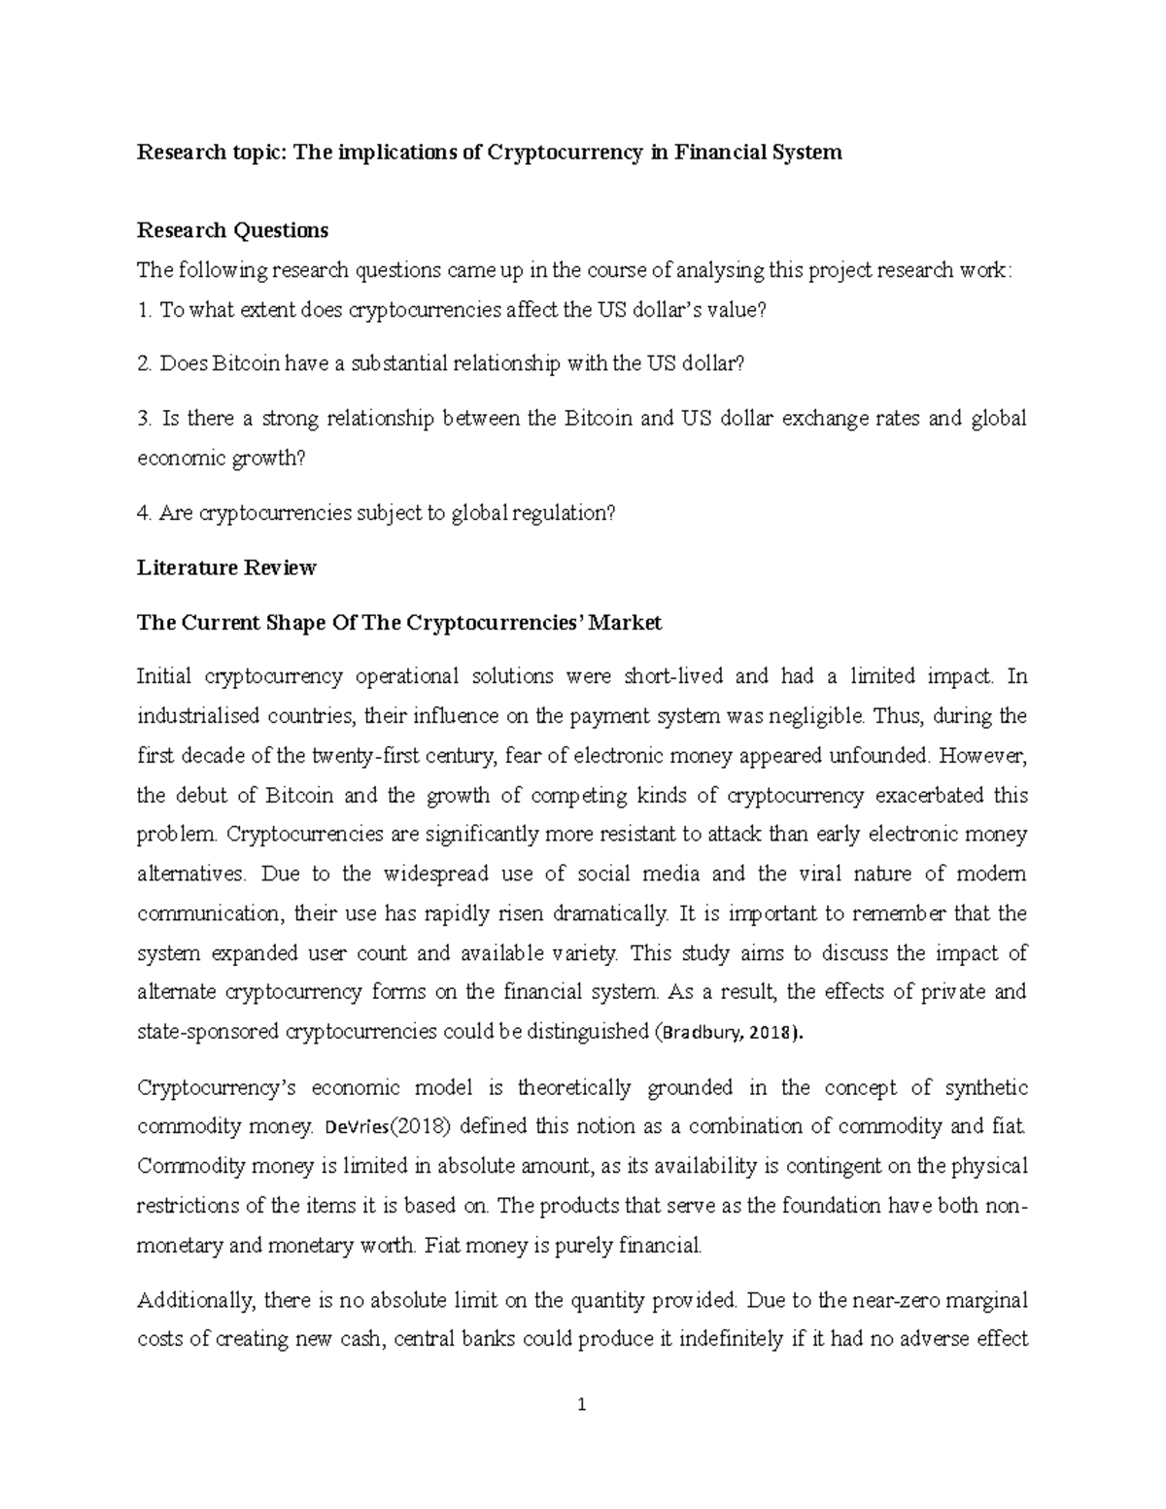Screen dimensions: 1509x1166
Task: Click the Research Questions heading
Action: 232,230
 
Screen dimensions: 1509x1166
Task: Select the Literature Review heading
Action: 226,567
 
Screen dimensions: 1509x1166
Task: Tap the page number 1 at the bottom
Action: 582,1404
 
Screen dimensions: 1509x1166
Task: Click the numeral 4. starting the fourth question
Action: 145,513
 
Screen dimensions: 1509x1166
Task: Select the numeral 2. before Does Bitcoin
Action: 145,363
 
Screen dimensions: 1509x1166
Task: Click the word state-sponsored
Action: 208,1032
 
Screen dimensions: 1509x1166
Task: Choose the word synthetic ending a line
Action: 986,1087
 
